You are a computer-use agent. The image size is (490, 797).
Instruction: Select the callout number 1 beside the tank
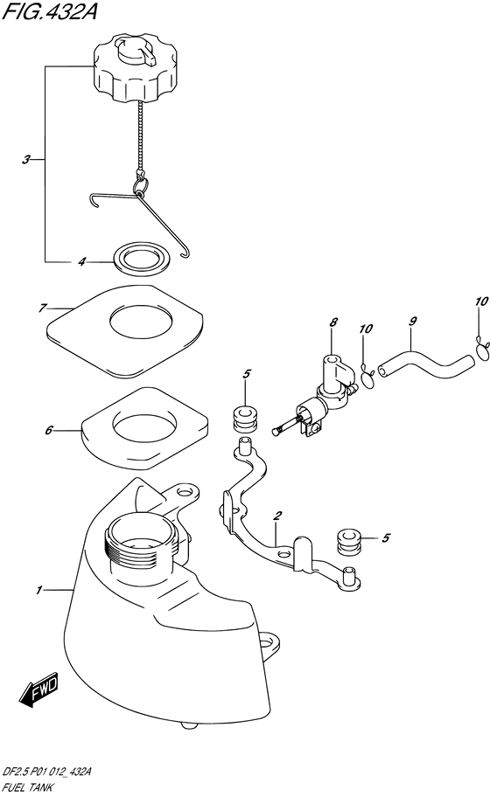click(38, 591)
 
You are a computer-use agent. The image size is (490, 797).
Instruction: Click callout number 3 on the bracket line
click(26, 160)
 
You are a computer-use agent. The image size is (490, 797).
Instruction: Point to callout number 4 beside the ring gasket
click(81, 262)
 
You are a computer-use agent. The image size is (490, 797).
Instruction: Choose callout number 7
click(42, 308)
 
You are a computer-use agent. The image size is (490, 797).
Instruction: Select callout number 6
click(49, 431)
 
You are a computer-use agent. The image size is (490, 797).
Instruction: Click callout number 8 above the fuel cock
click(333, 322)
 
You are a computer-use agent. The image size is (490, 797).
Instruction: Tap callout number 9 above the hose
click(413, 322)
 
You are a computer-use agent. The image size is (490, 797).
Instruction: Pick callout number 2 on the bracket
click(276, 516)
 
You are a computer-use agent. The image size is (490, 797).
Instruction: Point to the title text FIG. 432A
click(49, 11)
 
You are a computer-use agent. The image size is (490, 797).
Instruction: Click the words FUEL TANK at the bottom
click(28, 788)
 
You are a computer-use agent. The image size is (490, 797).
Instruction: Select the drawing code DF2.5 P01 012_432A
click(47, 773)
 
